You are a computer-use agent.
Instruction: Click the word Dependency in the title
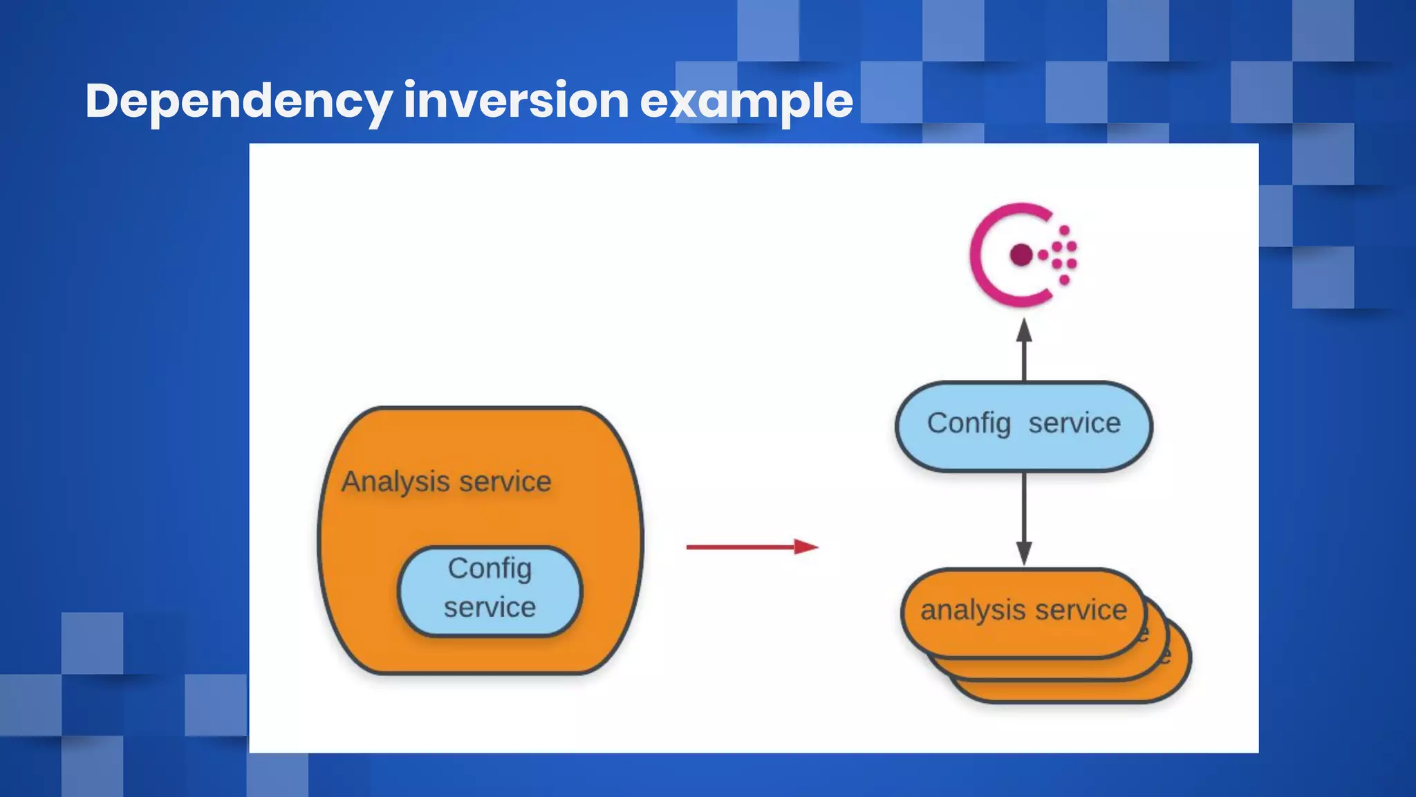[239, 101]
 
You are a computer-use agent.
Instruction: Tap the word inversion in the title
[516, 101]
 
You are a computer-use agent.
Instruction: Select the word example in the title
[746, 101]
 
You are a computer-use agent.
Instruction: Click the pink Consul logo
[1021, 255]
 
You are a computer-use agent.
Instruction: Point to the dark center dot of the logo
[1021, 255]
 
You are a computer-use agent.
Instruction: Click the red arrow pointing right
[751, 547]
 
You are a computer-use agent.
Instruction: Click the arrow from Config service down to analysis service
[1024, 519]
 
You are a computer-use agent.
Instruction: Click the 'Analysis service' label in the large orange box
[447, 482]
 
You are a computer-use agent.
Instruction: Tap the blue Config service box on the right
[1023, 425]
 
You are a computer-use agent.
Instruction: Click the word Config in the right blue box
[968, 423]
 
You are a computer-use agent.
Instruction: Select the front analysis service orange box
[1023, 612]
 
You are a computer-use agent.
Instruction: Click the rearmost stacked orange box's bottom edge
[1072, 702]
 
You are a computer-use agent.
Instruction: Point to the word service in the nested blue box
[490, 607]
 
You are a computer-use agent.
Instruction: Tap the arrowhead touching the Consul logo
[1024, 331]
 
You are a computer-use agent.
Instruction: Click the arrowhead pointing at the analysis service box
[1024, 553]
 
